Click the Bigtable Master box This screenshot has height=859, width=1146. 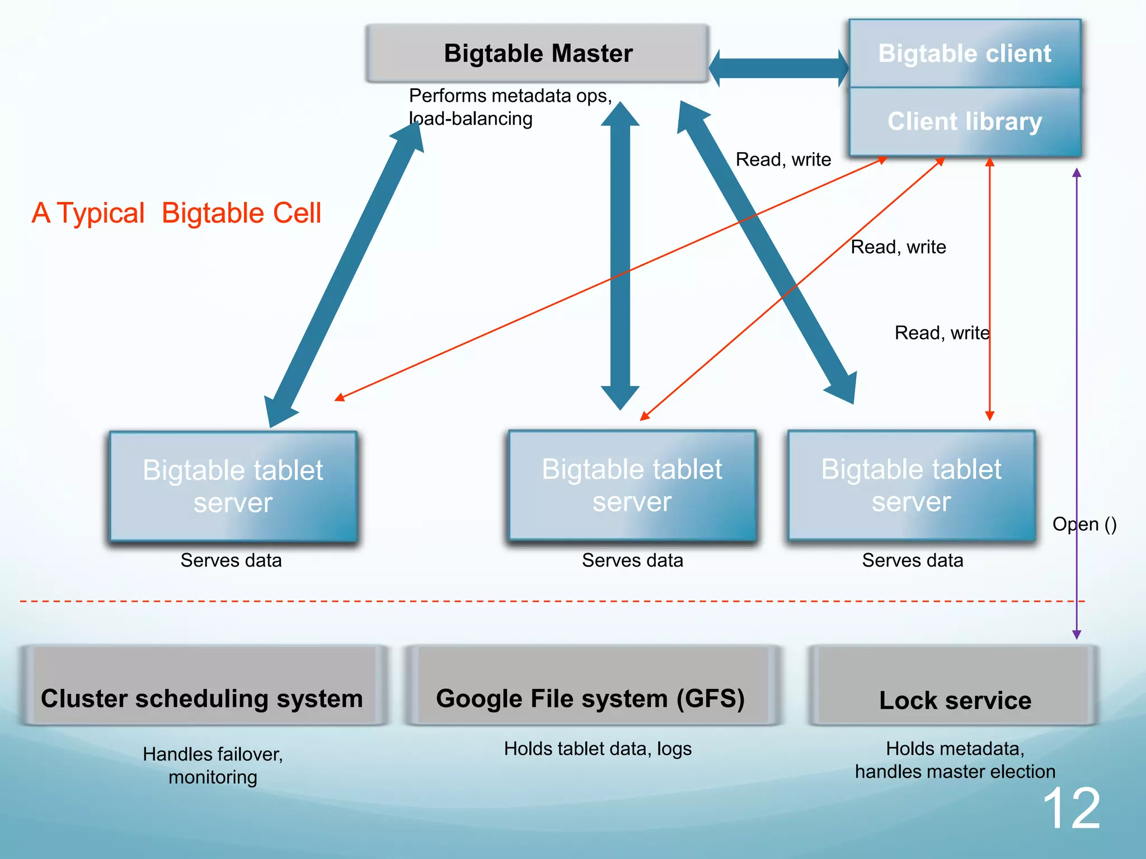tap(537, 54)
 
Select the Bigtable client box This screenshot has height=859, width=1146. tap(964, 54)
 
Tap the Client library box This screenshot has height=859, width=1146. tap(964, 122)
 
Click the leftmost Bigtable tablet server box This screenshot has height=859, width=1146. tap(233, 485)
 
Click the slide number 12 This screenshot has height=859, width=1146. tap(1071, 809)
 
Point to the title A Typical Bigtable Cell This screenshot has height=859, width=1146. tap(177, 214)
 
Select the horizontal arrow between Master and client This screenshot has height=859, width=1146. tap(778, 68)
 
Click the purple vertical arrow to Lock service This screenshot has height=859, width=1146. tap(1077, 391)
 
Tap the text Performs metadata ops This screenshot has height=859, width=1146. tap(510, 96)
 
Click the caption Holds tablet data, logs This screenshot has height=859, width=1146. tap(598, 749)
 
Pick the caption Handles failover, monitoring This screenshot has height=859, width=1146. tap(213, 765)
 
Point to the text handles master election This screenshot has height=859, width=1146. tap(955, 772)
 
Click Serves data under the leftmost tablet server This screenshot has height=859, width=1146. tap(231, 560)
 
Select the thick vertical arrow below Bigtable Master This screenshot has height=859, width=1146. tap(620, 257)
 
